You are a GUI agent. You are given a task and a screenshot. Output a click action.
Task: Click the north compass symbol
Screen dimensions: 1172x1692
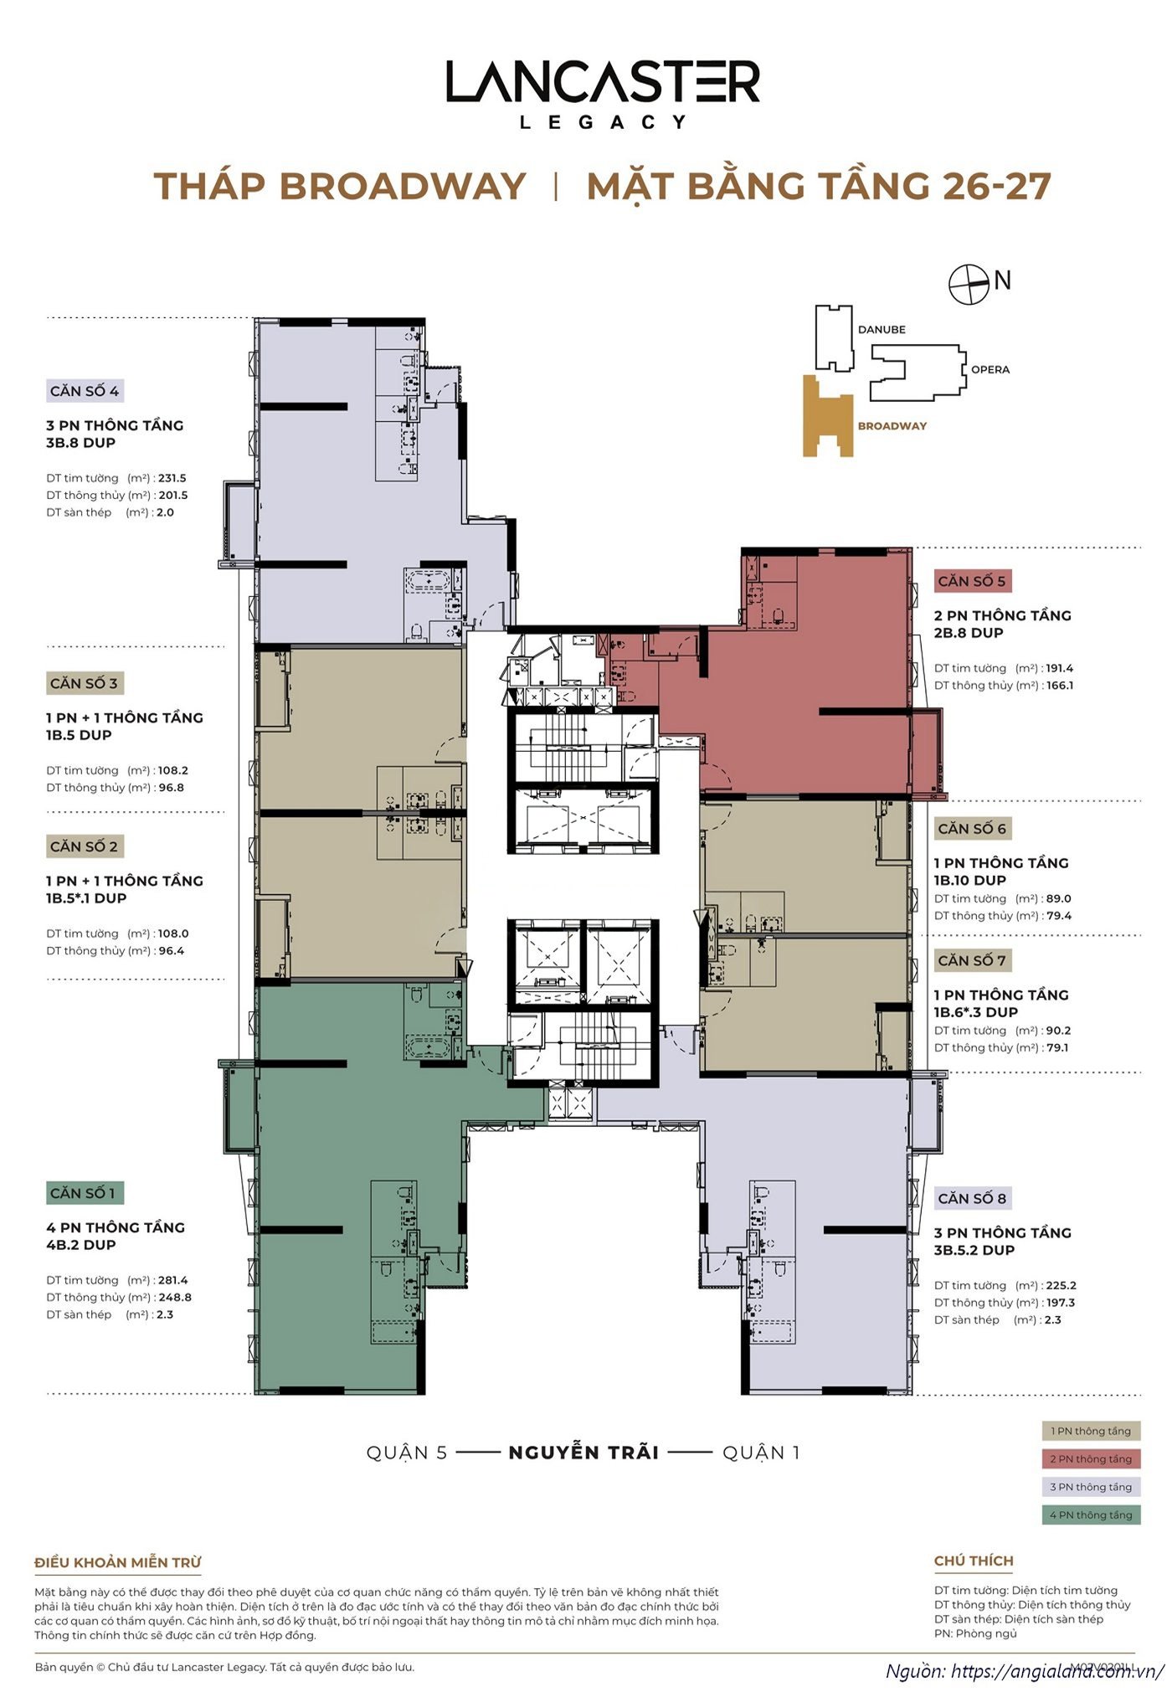(969, 284)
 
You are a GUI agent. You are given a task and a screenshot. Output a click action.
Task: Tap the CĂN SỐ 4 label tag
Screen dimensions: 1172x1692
(85, 391)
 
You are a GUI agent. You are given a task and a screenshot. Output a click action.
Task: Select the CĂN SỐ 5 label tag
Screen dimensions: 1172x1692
(972, 581)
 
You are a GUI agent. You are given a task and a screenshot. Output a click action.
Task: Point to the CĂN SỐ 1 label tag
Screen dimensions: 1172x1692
(83, 1193)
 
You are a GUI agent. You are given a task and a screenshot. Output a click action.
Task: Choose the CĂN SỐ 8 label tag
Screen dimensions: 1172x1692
(972, 1198)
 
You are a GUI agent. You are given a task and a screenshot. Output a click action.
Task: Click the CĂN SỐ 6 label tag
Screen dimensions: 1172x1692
(972, 828)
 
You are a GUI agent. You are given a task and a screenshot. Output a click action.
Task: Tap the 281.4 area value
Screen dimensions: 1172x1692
(173, 1280)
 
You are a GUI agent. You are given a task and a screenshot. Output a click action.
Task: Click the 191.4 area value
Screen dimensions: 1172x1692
(1059, 668)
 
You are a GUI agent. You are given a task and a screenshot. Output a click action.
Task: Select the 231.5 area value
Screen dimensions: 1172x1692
(172, 478)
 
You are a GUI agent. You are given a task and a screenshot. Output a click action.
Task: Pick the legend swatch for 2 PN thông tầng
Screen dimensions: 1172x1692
(1091, 1459)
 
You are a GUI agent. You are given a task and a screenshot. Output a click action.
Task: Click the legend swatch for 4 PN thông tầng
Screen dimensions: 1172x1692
(1091, 1515)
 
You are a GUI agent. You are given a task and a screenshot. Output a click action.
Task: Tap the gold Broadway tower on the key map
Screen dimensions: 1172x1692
(826, 419)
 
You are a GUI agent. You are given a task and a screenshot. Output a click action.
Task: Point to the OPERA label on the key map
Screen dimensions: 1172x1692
(990, 369)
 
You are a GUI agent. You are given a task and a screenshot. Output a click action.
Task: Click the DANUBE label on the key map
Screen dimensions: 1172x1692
(882, 329)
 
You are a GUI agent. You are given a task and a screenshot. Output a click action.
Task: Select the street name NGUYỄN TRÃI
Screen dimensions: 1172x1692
(583, 1453)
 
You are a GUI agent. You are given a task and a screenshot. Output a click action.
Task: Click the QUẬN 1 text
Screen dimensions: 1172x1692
(761, 1453)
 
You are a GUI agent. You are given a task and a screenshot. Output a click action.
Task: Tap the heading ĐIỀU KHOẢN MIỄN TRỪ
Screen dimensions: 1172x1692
(118, 1562)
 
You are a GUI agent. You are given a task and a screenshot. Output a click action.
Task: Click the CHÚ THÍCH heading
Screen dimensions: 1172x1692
(974, 1561)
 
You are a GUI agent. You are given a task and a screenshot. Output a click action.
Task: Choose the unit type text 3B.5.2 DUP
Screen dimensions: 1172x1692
(974, 1250)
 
